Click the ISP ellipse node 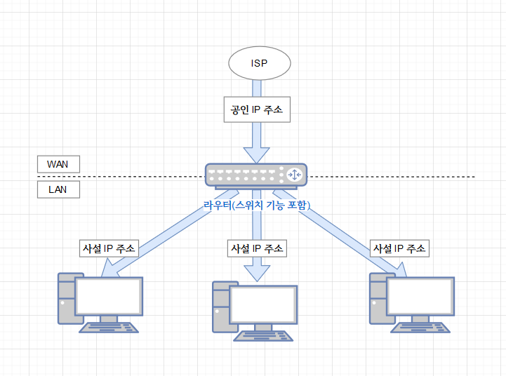[259, 63]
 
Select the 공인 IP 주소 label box [256, 110]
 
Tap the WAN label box [58, 163]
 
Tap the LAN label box [58, 189]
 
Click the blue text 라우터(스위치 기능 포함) [256, 206]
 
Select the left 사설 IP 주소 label [109, 248]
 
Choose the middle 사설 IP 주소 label [257, 248]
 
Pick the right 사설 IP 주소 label [399, 248]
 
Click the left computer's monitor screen [109, 295]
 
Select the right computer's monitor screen [420, 295]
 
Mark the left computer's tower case [66, 297]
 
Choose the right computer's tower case [378, 297]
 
